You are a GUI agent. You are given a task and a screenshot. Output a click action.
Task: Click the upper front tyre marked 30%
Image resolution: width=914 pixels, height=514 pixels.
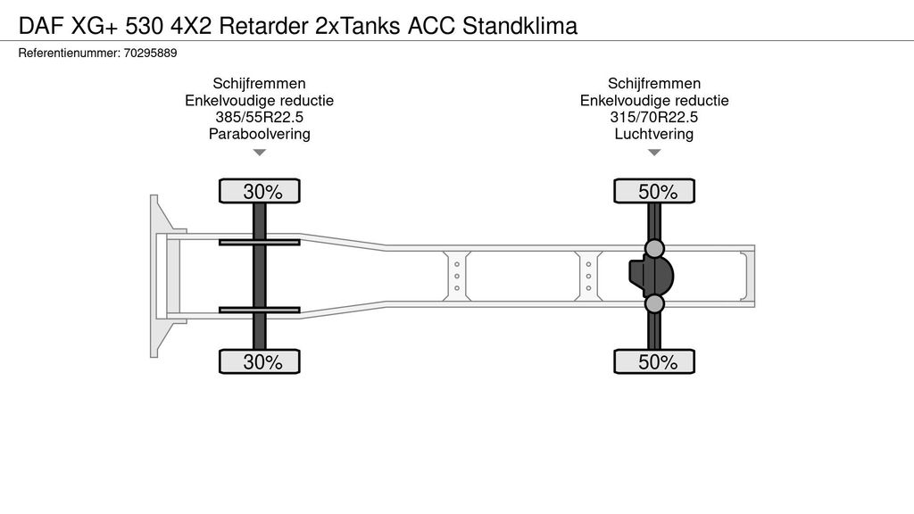(260, 191)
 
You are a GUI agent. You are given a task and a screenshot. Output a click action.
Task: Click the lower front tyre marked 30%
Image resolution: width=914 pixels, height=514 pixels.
(260, 361)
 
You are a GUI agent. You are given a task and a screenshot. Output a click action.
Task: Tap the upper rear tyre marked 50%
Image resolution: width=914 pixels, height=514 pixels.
(654, 191)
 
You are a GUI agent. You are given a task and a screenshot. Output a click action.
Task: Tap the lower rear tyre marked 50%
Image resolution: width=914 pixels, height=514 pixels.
(654, 361)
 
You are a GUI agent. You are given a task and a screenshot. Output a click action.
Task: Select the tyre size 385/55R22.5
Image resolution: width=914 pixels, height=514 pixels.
(259, 118)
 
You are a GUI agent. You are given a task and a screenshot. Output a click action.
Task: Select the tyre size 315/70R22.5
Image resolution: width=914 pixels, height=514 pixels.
(654, 118)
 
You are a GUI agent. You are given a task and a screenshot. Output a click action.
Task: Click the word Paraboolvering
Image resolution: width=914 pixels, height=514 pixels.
(259, 135)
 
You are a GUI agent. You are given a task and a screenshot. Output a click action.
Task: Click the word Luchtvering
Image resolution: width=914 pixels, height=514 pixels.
(654, 135)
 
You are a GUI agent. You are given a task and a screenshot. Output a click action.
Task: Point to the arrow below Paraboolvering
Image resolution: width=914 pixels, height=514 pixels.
(260, 153)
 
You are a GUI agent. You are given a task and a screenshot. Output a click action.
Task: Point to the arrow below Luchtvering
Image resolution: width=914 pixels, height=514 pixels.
(654, 153)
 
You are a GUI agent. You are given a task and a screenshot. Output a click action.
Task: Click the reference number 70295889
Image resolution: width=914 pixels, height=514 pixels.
(149, 54)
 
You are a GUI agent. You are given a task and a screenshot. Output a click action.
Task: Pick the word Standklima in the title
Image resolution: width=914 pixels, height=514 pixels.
(520, 25)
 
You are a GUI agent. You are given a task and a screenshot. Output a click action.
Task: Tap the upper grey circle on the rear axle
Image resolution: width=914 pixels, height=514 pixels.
(654, 248)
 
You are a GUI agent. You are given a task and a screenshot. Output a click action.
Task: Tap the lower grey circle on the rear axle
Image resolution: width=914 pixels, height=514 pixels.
(654, 304)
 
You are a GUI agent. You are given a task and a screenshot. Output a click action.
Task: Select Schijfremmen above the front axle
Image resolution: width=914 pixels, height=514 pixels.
(259, 84)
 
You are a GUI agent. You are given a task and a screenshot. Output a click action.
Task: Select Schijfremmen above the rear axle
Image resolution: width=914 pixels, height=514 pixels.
(654, 84)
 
